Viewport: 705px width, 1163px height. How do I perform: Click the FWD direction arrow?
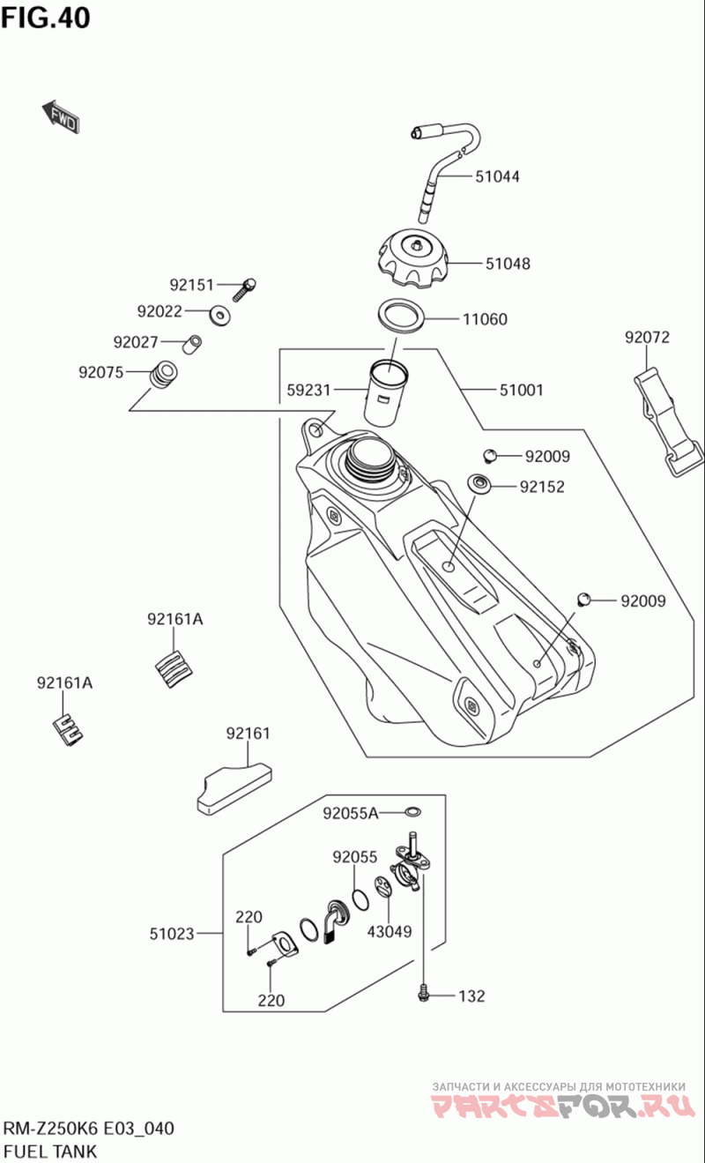pos(61,116)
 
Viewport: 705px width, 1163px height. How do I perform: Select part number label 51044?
pos(497,176)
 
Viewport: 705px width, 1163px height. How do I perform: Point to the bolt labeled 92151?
pos(245,289)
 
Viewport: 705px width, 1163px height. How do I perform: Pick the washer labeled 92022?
pos(220,315)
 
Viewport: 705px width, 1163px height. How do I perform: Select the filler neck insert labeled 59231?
pos(385,394)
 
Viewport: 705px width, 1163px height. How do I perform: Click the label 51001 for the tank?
pos(522,390)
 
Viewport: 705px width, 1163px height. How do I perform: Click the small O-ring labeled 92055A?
pos(413,811)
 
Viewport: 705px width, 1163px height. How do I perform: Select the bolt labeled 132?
pos(424,994)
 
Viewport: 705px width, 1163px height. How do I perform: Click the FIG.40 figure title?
pos(46,18)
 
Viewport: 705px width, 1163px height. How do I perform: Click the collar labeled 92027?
pos(192,344)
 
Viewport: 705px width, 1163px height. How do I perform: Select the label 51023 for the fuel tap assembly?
pos(172,934)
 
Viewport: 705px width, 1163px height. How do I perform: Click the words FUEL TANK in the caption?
pos(50,1151)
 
